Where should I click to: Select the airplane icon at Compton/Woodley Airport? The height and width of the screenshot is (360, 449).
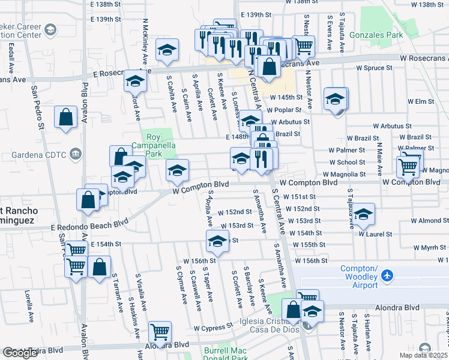pyautogui.click(x=387, y=276)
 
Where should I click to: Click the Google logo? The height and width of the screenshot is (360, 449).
pyautogui.click(x=20, y=353)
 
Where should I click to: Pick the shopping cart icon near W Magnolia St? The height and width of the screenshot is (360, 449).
pyautogui.click(x=408, y=166)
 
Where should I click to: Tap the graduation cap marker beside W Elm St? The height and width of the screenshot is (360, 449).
pyautogui.click(x=335, y=99)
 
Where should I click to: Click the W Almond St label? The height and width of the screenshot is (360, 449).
pyautogui.click(x=430, y=221)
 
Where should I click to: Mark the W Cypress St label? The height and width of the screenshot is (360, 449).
pyautogui.click(x=212, y=328)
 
